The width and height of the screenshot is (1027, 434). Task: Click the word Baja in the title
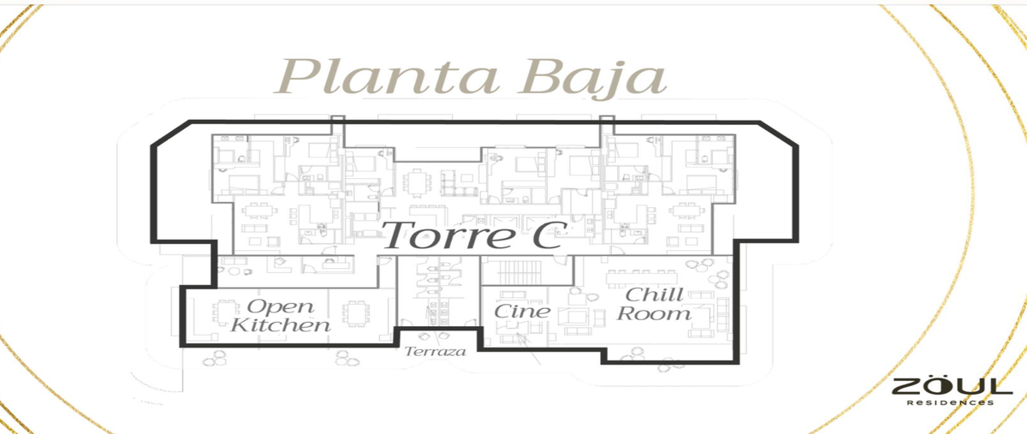tap(592, 79)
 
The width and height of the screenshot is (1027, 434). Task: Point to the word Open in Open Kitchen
tap(280, 306)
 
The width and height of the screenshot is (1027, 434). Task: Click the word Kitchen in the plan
tap(280, 324)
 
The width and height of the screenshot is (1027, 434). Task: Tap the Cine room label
tap(522, 312)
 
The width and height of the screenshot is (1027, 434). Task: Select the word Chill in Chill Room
tap(654, 295)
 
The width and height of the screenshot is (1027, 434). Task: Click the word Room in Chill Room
tap(654, 313)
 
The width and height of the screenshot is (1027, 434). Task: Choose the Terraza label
tap(435, 352)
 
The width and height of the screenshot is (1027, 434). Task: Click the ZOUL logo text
tap(952, 387)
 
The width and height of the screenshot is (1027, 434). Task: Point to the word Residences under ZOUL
tap(951, 403)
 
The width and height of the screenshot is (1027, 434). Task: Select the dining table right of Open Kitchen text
tap(356, 313)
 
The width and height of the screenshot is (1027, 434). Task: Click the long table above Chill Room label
tap(642, 277)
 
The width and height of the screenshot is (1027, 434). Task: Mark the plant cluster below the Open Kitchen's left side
tap(215, 358)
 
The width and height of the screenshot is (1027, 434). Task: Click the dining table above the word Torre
tap(418, 183)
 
